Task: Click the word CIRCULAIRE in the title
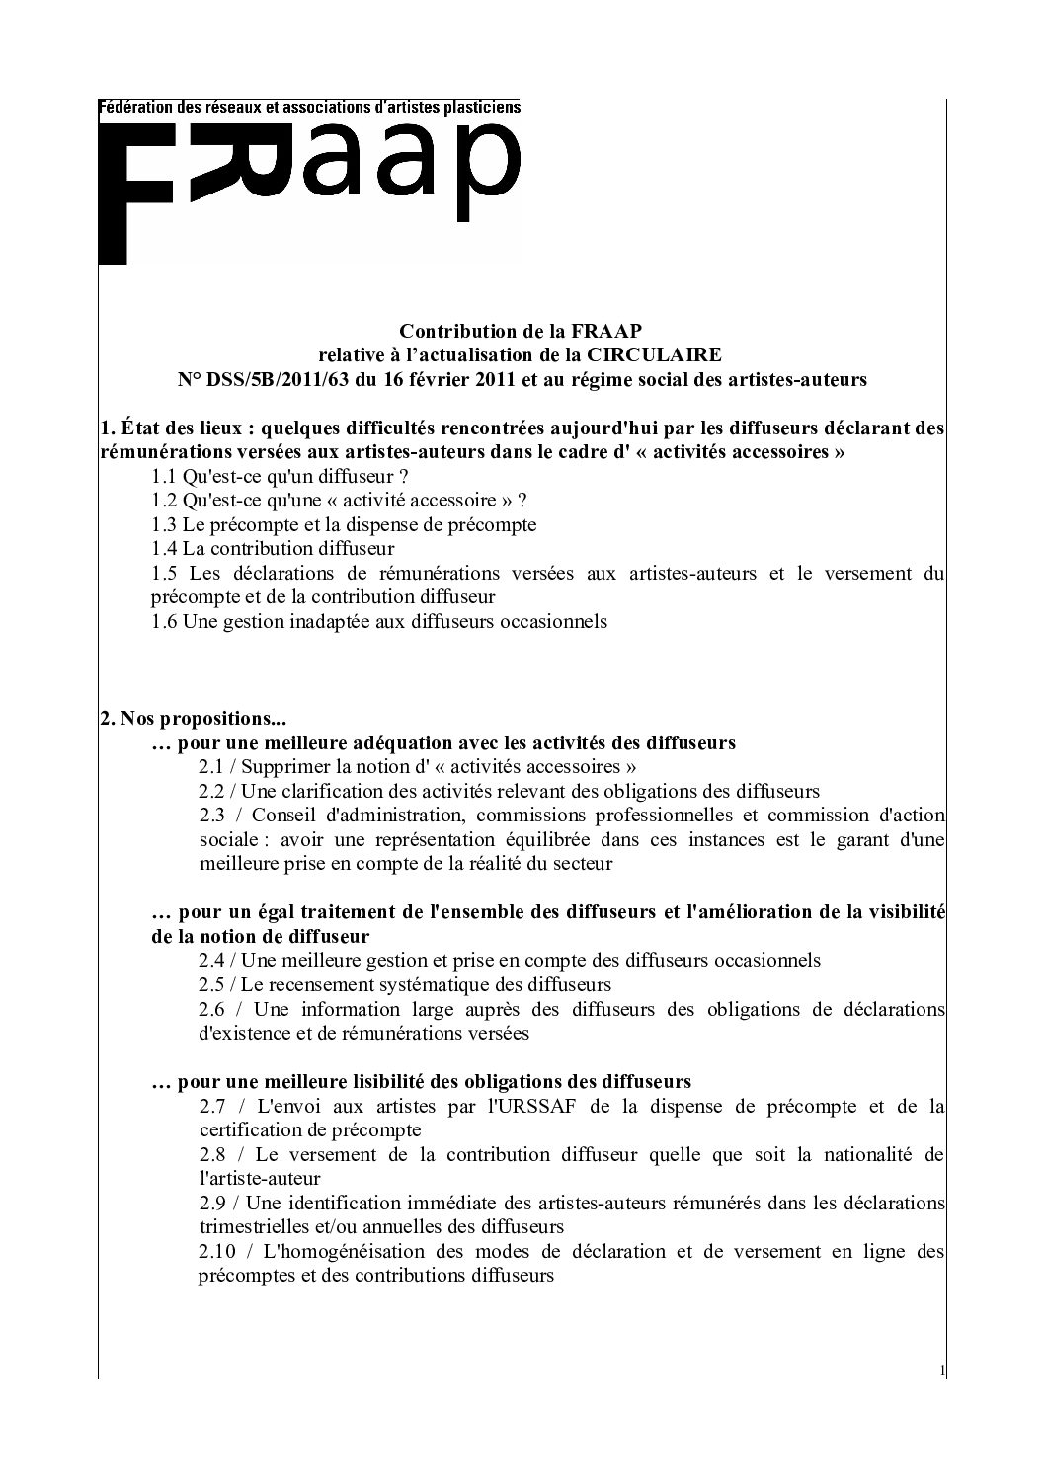(x=665, y=354)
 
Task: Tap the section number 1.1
(x=165, y=476)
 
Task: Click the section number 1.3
(x=165, y=524)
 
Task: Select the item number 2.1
(x=211, y=767)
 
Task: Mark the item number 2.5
(x=211, y=985)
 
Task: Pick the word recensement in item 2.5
(x=348, y=985)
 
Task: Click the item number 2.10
(x=216, y=1252)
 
